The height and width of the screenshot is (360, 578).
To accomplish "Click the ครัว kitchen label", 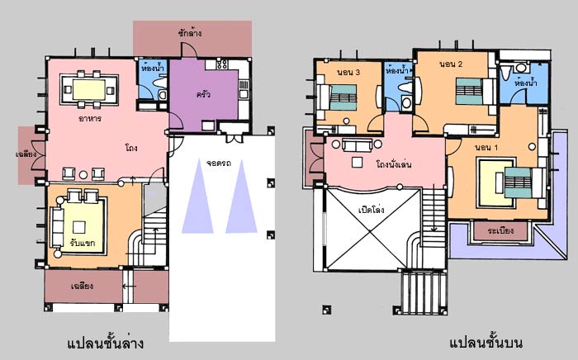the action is (x=203, y=94).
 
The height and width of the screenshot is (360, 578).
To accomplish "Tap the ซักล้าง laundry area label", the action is (x=189, y=33).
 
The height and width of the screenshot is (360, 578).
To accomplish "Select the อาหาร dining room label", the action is (x=89, y=119).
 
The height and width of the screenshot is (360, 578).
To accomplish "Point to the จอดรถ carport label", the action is (x=219, y=163).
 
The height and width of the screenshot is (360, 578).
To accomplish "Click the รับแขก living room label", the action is (x=83, y=243).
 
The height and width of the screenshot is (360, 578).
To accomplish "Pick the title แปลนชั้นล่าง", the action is (x=106, y=343).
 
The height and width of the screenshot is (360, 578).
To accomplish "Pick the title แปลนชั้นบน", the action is (x=486, y=343).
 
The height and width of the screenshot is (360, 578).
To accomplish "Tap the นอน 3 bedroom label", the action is (x=348, y=72).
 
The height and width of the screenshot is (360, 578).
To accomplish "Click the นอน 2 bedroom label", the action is (x=451, y=64).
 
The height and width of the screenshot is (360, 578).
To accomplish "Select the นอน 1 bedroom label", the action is (x=486, y=148).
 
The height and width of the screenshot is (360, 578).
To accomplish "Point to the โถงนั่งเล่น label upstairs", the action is (x=394, y=164).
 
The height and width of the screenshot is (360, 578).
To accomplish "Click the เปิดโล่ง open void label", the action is (x=372, y=210).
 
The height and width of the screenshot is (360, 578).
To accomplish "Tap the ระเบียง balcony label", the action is (x=500, y=230).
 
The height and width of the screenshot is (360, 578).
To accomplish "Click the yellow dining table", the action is (x=89, y=89).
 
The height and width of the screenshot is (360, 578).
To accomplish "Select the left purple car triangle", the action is (x=197, y=197).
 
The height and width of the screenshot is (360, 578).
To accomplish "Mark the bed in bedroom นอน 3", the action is (x=343, y=97).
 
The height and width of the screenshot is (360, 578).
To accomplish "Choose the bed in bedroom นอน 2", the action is (x=469, y=92).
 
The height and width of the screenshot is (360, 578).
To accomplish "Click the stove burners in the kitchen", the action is (x=222, y=64).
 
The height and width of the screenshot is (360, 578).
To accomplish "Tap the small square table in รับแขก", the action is (x=79, y=227).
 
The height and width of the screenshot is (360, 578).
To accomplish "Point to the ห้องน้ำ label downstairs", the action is (x=153, y=68).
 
